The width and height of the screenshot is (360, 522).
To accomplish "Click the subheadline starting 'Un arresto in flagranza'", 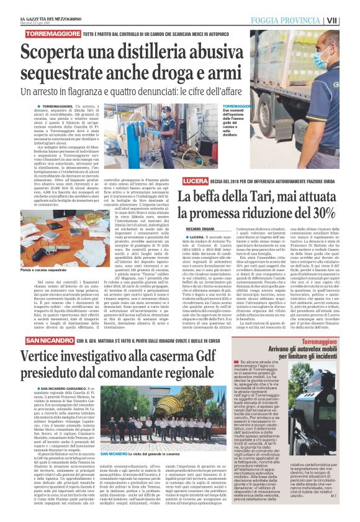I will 156,92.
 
